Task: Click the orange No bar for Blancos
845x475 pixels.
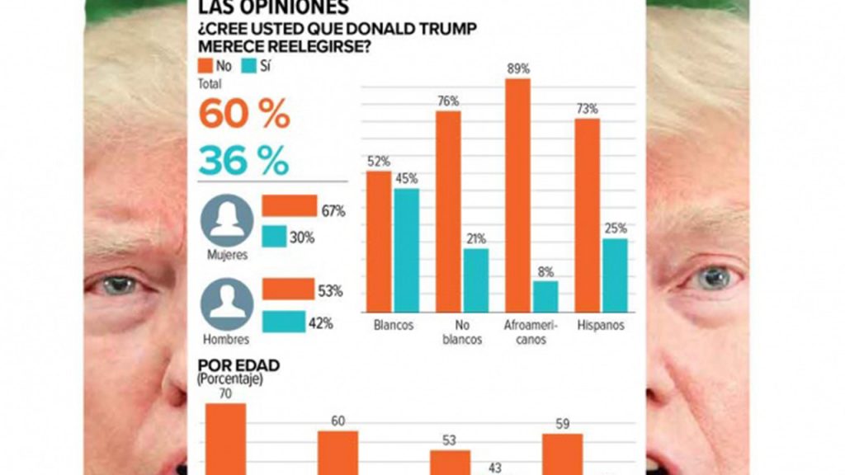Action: [x=379, y=242]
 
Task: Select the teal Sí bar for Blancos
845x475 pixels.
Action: [x=406, y=251]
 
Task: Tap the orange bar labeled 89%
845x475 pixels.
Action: [x=517, y=195]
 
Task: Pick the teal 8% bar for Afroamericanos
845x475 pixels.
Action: [x=545, y=296]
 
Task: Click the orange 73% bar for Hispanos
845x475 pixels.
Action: [x=588, y=215]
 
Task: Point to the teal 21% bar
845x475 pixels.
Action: [x=475, y=280]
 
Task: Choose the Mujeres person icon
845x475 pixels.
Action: [x=227, y=219]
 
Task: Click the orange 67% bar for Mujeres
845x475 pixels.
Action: [x=289, y=206]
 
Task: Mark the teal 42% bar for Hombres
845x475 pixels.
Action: [x=284, y=322]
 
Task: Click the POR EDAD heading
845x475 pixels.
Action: [x=238, y=364]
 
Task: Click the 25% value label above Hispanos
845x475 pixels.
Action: [x=615, y=228]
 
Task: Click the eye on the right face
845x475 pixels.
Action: [x=710, y=280]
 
